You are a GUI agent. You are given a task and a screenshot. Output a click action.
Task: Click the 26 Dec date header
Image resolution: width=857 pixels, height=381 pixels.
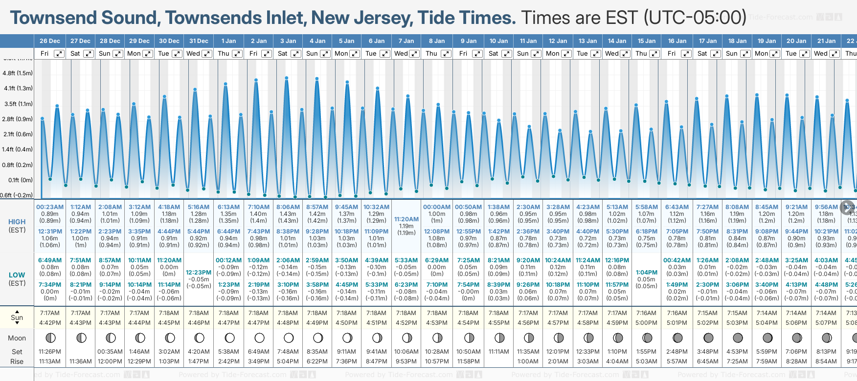[50, 41]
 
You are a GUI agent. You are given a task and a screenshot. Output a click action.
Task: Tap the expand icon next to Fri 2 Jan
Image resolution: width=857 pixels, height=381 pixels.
[266, 54]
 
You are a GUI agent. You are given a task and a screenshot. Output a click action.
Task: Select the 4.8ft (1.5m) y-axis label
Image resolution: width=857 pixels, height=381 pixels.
[18, 73]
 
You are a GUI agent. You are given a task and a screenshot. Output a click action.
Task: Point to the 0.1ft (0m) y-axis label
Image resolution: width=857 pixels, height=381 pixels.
[21, 180]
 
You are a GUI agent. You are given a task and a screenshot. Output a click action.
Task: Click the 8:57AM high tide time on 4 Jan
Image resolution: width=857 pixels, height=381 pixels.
[317, 207]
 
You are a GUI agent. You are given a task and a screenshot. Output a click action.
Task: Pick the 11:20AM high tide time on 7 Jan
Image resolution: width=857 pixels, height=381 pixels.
[406, 219]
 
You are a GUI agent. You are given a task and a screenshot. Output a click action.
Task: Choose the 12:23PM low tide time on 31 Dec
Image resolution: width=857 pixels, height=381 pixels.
[199, 273]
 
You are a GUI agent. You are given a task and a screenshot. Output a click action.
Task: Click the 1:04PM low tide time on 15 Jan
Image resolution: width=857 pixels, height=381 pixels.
[646, 273]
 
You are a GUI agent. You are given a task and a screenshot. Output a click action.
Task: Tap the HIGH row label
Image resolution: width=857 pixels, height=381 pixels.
[17, 222]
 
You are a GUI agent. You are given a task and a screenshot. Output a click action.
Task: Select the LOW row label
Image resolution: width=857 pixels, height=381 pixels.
[17, 275]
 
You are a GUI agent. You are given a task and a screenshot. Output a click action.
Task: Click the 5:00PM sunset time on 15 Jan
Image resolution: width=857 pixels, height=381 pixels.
[646, 323]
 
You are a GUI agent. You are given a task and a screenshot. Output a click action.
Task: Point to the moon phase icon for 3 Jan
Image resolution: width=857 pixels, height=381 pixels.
[289, 338]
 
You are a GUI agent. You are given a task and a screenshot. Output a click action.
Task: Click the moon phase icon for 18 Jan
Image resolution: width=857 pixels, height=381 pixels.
[738, 338]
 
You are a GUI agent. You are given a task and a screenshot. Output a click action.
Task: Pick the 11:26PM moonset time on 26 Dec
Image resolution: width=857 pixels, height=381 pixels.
[50, 352]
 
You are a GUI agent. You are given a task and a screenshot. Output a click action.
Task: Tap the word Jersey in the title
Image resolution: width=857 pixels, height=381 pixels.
[361, 18]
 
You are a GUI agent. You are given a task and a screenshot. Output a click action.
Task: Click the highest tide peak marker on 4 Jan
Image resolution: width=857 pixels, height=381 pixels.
[317, 79]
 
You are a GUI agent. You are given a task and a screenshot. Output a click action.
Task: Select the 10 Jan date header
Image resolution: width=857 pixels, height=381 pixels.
[498, 41]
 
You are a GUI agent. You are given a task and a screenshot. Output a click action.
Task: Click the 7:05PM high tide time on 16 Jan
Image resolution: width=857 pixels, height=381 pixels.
[677, 232]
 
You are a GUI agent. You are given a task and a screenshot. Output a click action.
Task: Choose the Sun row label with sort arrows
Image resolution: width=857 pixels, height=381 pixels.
[17, 317]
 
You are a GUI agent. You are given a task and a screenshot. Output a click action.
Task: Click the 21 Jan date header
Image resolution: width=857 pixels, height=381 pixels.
[826, 41]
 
